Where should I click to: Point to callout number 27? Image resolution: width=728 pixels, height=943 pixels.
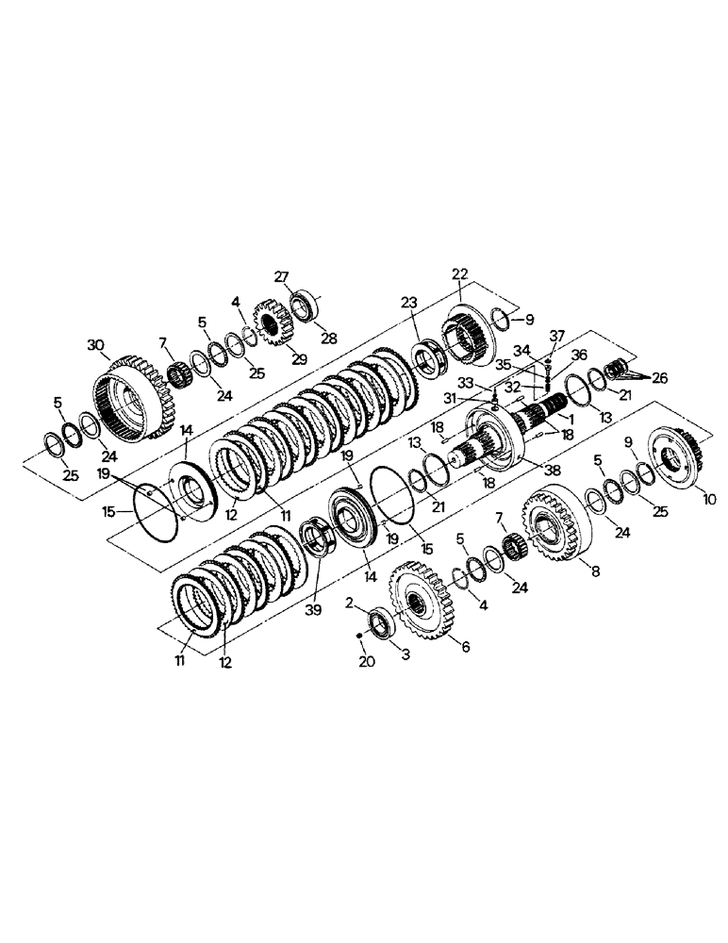point(281,276)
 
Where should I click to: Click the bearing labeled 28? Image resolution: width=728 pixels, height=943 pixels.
point(304,306)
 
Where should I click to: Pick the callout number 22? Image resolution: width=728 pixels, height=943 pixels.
point(459,273)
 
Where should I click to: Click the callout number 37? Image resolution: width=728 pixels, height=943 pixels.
point(557,336)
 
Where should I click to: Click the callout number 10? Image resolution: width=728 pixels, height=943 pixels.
point(709,498)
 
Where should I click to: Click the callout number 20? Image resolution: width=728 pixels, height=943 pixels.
point(367,663)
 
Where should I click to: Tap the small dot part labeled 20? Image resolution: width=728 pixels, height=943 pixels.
point(359,637)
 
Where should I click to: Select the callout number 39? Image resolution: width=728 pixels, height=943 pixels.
point(313,611)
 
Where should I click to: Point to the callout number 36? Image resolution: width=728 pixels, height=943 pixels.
point(578,355)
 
